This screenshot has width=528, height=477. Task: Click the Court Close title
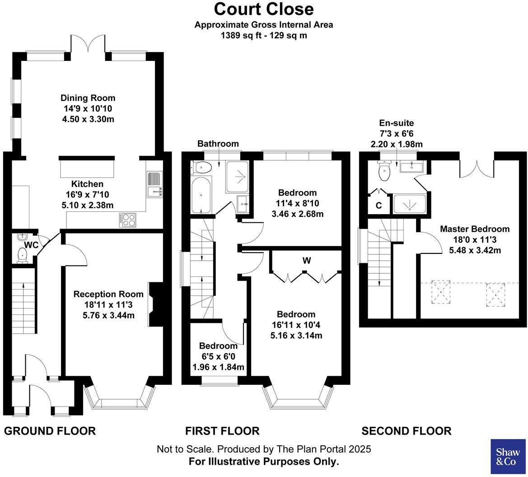pos(263,9)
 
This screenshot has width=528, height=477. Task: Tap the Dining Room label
pos(88,98)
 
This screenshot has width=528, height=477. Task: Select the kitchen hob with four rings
pos(128,220)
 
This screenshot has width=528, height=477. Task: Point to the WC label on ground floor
pos(31,245)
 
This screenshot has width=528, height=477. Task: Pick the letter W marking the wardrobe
pos(307,261)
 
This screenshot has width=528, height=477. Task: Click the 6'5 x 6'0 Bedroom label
pos(218,356)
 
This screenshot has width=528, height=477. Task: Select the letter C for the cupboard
pos(378,206)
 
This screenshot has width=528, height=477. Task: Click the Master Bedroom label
pos(475,229)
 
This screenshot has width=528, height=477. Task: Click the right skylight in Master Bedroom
pos(495,294)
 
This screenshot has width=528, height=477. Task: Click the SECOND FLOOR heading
pos(406,431)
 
